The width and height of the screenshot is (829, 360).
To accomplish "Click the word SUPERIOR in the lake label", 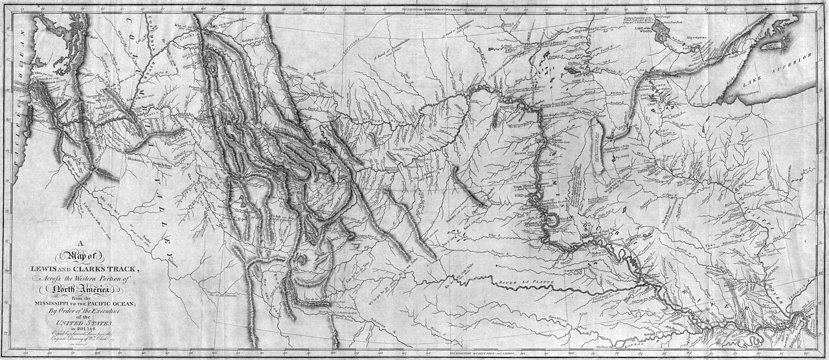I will tap(792, 68).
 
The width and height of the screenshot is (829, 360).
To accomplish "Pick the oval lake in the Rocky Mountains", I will tap(211, 65).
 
